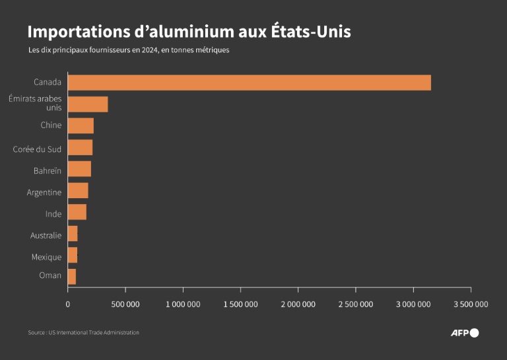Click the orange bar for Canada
[x=249, y=83]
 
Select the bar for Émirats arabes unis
[x=88, y=104]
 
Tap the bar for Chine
[x=81, y=126]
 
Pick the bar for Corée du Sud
[x=80, y=147]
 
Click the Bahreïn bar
[x=79, y=169]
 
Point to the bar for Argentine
[x=78, y=191]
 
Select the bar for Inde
[x=77, y=212]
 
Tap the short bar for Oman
[x=71, y=276]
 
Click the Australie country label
[x=46, y=235]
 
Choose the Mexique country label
[x=46, y=257]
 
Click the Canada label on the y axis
[x=48, y=83]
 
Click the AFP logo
[x=464, y=332]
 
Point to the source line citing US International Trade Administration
[x=83, y=332]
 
